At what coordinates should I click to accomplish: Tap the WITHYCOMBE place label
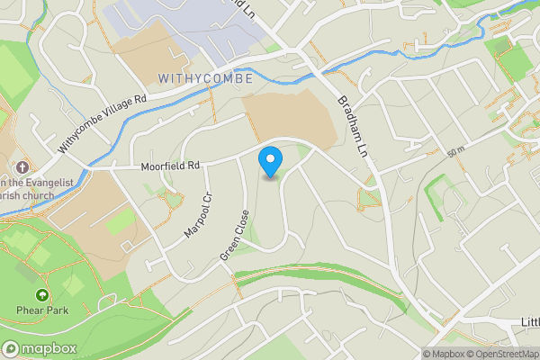coord(204,78)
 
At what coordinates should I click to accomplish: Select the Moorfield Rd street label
coord(169,166)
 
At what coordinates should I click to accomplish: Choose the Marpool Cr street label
coord(197,215)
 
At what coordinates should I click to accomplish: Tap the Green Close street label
coord(233,237)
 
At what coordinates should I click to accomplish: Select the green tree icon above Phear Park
coord(41,295)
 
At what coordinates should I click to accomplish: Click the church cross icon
coord(21,167)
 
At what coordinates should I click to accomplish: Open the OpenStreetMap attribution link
coord(502,353)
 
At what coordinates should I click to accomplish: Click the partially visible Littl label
coord(529,321)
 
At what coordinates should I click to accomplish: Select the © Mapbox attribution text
coord(444,353)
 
